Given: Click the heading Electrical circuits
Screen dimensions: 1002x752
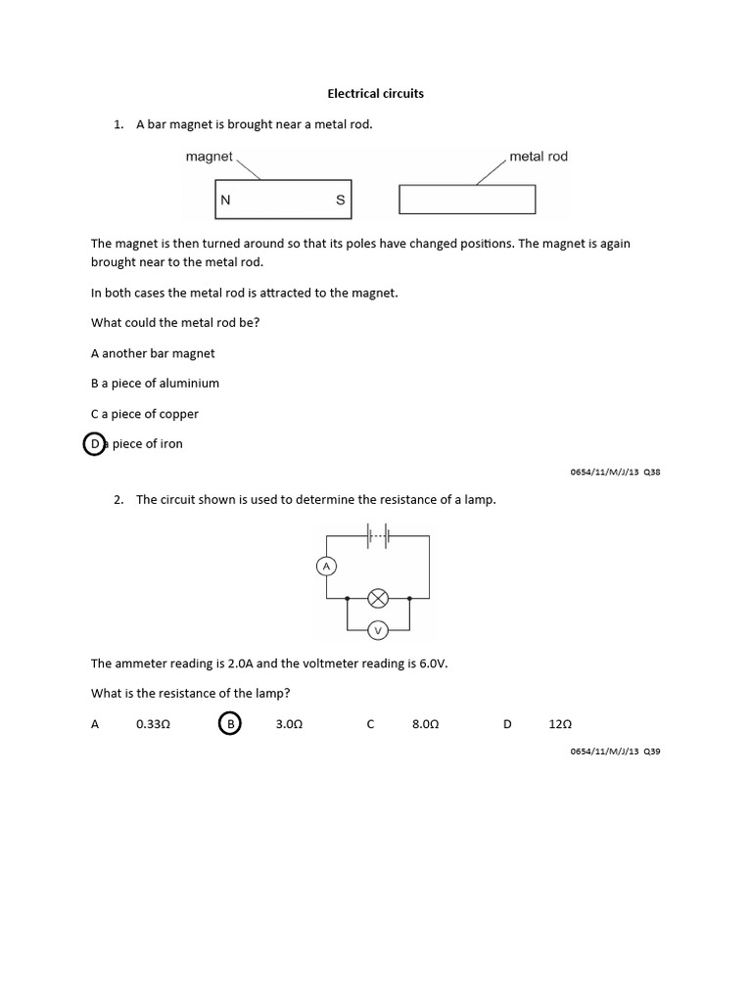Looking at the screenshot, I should pos(375,94).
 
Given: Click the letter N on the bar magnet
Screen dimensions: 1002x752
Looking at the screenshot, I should pos(225,200).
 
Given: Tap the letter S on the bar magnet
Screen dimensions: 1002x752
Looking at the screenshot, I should pos(340,200).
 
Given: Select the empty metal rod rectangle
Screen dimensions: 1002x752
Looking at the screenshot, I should pos(467,199).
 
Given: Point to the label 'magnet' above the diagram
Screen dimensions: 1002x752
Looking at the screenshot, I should pos(209,157).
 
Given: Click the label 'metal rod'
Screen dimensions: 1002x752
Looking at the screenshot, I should pos(538,157).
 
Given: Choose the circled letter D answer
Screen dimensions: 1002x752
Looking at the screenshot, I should pos(95,443).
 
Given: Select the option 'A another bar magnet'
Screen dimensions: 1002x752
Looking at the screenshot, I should pos(153,353).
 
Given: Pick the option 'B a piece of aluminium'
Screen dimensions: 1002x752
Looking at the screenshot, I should pos(155,384).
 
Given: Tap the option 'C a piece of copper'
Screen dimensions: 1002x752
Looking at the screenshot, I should pos(145,414).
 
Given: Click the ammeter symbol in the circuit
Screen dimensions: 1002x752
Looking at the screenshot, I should pos(326,566).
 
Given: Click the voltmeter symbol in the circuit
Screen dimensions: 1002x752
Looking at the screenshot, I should pos(378,629).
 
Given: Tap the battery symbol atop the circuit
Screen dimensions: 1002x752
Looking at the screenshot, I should pos(378,535).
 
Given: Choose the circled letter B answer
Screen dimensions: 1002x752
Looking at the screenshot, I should pos(230,724).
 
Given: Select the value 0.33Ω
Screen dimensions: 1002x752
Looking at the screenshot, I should pos(154,725).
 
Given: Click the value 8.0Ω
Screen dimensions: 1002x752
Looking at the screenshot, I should pos(425,725).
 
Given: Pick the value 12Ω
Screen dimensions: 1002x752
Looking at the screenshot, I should pos(560,725).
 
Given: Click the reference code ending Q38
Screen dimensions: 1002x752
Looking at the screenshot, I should pos(615,472).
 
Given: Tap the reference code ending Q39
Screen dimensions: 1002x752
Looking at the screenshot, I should pos(615,751).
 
